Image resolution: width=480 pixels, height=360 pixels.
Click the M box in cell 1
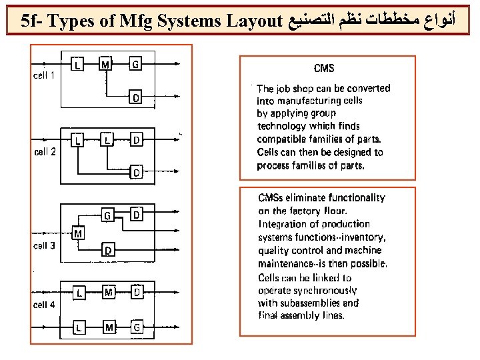click(x=106, y=65)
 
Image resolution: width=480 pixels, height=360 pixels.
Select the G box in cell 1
click(x=135, y=65)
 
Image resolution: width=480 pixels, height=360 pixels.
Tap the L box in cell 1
click(x=78, y=65)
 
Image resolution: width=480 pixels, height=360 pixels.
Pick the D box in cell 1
click(x=135, y=98)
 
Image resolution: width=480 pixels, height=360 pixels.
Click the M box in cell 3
click(x=78, y=234)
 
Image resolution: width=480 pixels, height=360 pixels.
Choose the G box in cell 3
click(x=107, y=215)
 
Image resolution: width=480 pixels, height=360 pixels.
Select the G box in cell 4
click(x=136, y=327)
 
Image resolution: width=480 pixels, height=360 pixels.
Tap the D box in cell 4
click(x=136, y=292)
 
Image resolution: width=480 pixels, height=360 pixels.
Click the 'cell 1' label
click(x=45, y=75)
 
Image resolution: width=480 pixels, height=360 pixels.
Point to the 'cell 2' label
click(x=45, y=151)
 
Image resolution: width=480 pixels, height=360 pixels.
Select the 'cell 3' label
click(x=45, y=245)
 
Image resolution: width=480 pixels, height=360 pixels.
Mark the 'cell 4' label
click(x=45, y=305)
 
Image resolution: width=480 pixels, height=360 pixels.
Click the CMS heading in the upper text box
click(x=323, y=68)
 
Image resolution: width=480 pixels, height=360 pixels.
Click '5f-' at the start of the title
click(x=32, y=21)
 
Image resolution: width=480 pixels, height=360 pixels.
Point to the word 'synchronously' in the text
click(x=323, y=291)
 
